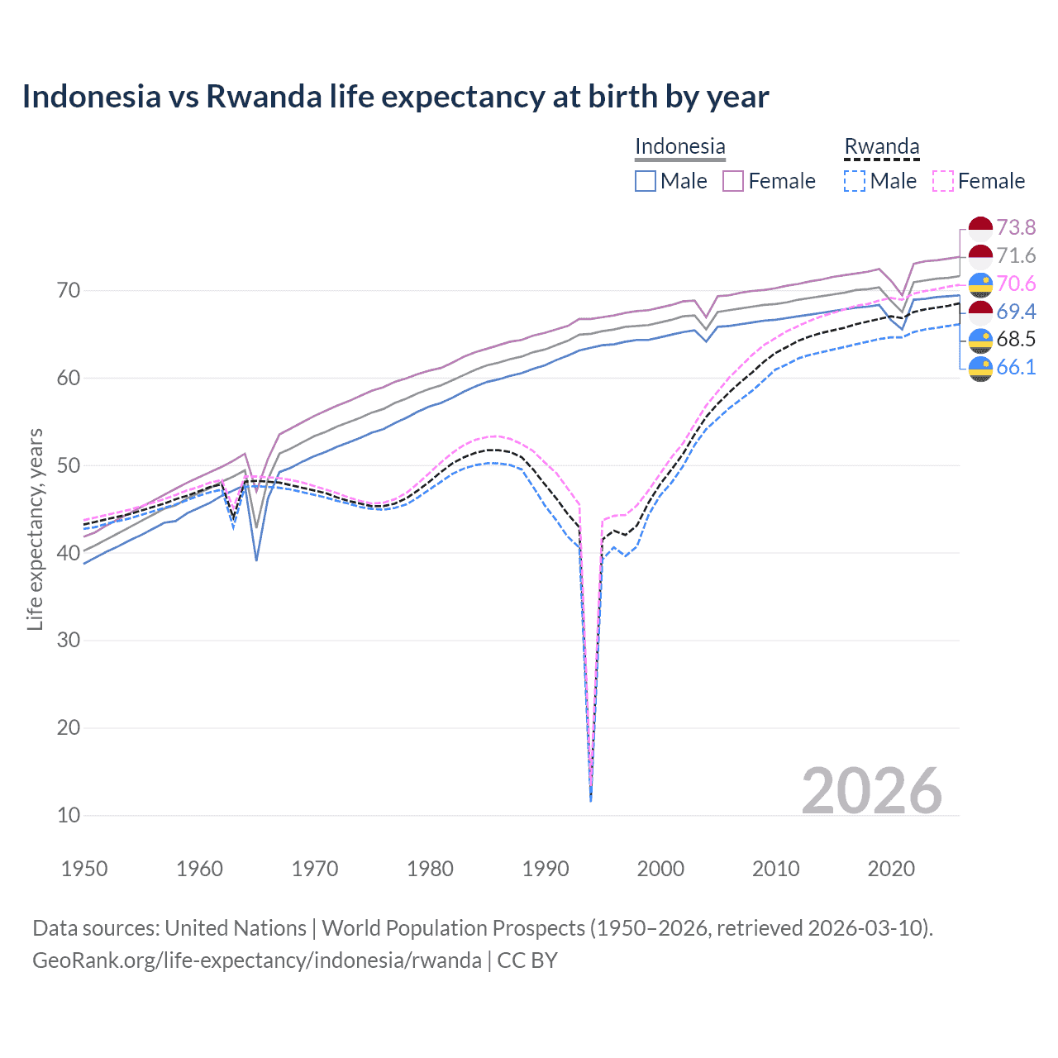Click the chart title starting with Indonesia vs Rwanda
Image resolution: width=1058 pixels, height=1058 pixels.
pyautogui.click(x=395, y=97)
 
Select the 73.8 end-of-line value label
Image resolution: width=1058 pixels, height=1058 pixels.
pyautogui.click(x=1016, y=227)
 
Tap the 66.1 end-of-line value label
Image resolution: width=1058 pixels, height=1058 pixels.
pyautogui.click(x=1016, y=367)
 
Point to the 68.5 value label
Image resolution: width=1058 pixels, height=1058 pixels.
pyautogui.click(x=1016, y=339)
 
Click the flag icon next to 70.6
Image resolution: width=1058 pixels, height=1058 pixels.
pyautogui.click(x=980, y=284)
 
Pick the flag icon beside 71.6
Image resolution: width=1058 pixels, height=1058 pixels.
pyautogui.click(x=980, y=256)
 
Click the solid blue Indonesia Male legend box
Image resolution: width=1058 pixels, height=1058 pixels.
pyautogui.click(x=646, y=181)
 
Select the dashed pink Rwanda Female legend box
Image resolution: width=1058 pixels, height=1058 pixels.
pyautogui.click(x=943, y=181)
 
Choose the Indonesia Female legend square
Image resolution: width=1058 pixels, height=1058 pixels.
pyautogui.click(x=733, y=181)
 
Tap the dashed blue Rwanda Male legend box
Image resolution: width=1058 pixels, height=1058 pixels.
pyautogui.click(x=855, y=181)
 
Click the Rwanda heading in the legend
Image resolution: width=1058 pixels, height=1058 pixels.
pyautogui.click(x=882, y=146)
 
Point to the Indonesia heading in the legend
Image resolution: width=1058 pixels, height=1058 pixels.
pyautogui.click(x=679, y=146)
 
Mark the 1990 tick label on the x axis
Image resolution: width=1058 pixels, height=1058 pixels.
pyautogui.click(x=546, y=869)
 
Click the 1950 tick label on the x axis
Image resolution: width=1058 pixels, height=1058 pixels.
pyautogui.click(x=84, y=869)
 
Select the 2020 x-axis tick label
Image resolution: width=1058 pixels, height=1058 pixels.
pyautogui.click(x=891, y=869)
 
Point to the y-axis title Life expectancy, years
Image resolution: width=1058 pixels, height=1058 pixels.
pyautogui.click(x=35, y=529)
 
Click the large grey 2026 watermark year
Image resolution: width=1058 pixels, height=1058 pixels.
pyautogui.click(x=871, y=791)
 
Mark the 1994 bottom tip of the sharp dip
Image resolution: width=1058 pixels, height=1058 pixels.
pyautogui.click(x=591, y=799)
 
